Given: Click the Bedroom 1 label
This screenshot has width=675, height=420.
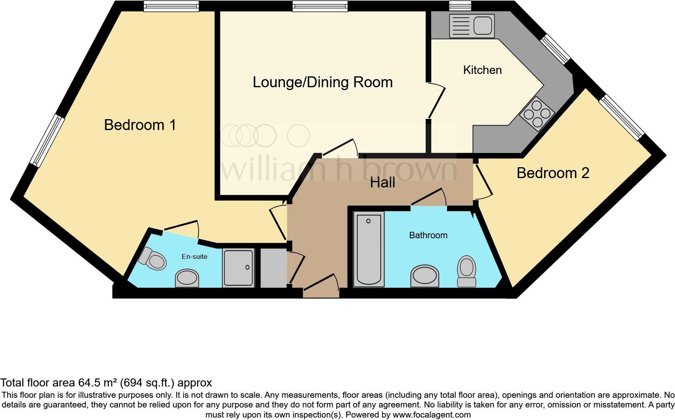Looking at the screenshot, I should pos(140,125).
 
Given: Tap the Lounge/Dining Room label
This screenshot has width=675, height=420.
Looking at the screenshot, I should pos(323,82).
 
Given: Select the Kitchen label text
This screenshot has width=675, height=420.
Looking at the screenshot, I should pos(482,70).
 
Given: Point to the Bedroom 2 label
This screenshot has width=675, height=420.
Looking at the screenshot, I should pos(553,173).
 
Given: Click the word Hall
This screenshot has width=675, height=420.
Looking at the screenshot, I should pos(382,183).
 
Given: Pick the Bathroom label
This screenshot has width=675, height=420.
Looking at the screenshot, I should pos(428,235).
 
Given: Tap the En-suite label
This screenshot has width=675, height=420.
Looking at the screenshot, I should pos(194,256).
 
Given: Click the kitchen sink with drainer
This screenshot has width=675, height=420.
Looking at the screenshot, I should pos(471,25).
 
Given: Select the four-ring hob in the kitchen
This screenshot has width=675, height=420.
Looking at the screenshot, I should pos(537,113).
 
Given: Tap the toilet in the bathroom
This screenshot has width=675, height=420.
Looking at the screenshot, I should pos(467,271).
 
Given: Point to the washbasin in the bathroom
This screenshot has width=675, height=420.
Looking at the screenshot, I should pos(424,276).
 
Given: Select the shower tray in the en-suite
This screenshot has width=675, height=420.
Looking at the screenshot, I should pos(239,268).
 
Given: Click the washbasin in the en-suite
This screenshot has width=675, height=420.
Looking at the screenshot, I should pos(187,279).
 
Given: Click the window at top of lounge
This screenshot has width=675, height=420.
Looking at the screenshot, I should pos(320,6).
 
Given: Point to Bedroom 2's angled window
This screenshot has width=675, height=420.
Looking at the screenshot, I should pos(621,117).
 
